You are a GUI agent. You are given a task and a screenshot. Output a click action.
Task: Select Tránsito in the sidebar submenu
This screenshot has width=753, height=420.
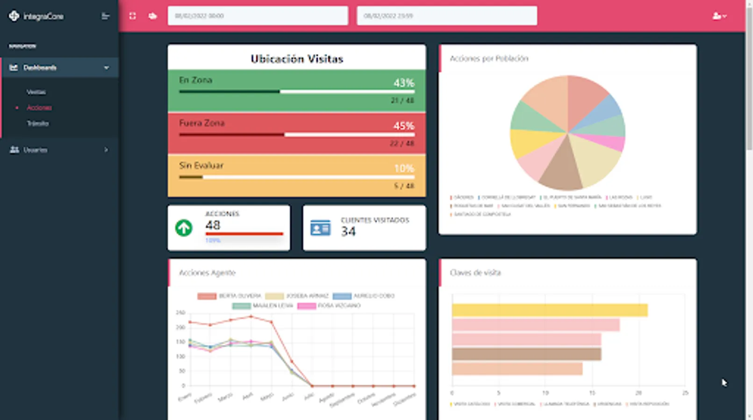click(x=37, y=124)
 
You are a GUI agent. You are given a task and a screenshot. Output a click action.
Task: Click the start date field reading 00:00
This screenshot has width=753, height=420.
click(x=258, y=16)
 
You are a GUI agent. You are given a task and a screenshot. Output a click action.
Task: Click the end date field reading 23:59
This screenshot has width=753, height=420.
click(x=446, y=16)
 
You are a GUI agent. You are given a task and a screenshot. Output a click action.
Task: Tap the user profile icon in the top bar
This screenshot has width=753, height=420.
click(x=718, y=16)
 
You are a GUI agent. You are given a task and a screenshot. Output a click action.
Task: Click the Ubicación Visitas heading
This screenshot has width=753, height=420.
click(x=297, y=59)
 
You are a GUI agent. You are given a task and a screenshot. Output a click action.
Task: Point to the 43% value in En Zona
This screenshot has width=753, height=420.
click(x=403, y=83)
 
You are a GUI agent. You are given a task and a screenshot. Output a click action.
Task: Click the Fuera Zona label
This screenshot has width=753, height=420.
click(x=202, y=123)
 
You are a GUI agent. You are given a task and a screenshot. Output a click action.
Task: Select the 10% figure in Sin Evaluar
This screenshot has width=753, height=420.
click(x=404, y=168)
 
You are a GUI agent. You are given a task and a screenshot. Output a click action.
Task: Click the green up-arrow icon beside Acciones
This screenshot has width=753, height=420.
click(x=184, y=228)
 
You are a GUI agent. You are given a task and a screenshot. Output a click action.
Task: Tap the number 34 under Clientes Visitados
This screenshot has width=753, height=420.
click(x=348, y=231)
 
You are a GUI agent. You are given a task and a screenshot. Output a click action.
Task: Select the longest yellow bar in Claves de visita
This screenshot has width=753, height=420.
click(x=549, y=310)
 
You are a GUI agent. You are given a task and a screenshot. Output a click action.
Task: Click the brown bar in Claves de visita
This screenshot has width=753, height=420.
click(x=526, y=354)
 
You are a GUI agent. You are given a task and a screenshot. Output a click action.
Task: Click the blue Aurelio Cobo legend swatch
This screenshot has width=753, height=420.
click(x=342, y=296)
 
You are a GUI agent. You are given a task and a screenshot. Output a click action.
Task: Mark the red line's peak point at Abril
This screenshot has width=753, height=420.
click(x=251, y=316)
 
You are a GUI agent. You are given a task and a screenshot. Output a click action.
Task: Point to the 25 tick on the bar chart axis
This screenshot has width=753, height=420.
click(x=685, y=393)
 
